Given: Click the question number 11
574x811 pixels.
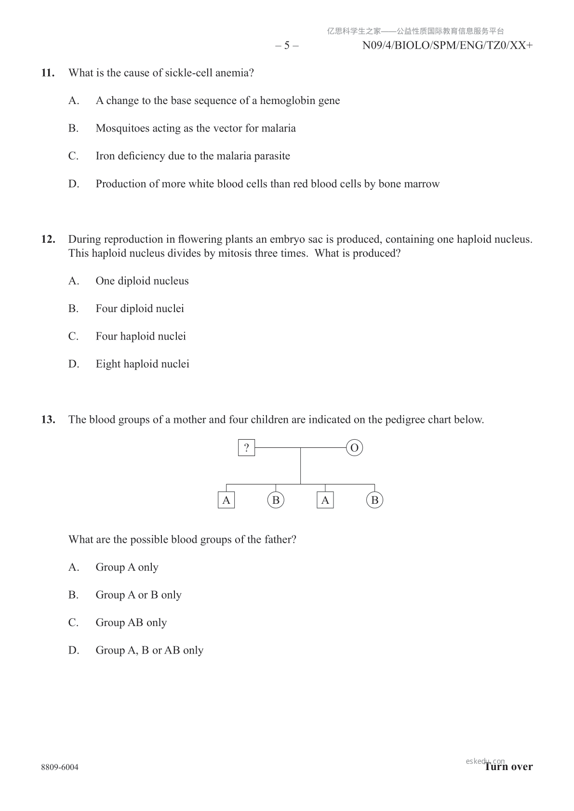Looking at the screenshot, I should coord(48,73).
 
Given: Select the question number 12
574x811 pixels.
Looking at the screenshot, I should coord(48,239).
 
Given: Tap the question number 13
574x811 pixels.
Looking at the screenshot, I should coord(48,419).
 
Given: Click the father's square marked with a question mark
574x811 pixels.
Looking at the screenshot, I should coord(246,448).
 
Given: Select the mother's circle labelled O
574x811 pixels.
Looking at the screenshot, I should coord(354,448).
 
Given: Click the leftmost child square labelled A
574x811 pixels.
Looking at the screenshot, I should coord(226,500).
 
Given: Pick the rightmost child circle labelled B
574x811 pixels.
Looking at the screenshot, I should coord(374,500).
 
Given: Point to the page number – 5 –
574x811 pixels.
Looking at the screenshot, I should coord(287,46).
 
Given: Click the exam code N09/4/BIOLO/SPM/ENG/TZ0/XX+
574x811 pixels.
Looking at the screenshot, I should coord(447,46).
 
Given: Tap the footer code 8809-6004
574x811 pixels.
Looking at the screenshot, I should coord(60,767).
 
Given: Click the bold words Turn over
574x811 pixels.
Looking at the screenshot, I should coord(509,767).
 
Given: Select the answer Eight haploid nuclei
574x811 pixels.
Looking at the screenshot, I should coord(142,364).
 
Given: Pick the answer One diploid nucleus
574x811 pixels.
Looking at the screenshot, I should coord(142,281).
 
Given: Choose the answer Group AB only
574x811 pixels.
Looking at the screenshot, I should coord(131,623).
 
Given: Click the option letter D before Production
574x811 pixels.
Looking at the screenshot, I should coord(73,184).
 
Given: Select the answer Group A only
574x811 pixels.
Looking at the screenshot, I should coord(127,567).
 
